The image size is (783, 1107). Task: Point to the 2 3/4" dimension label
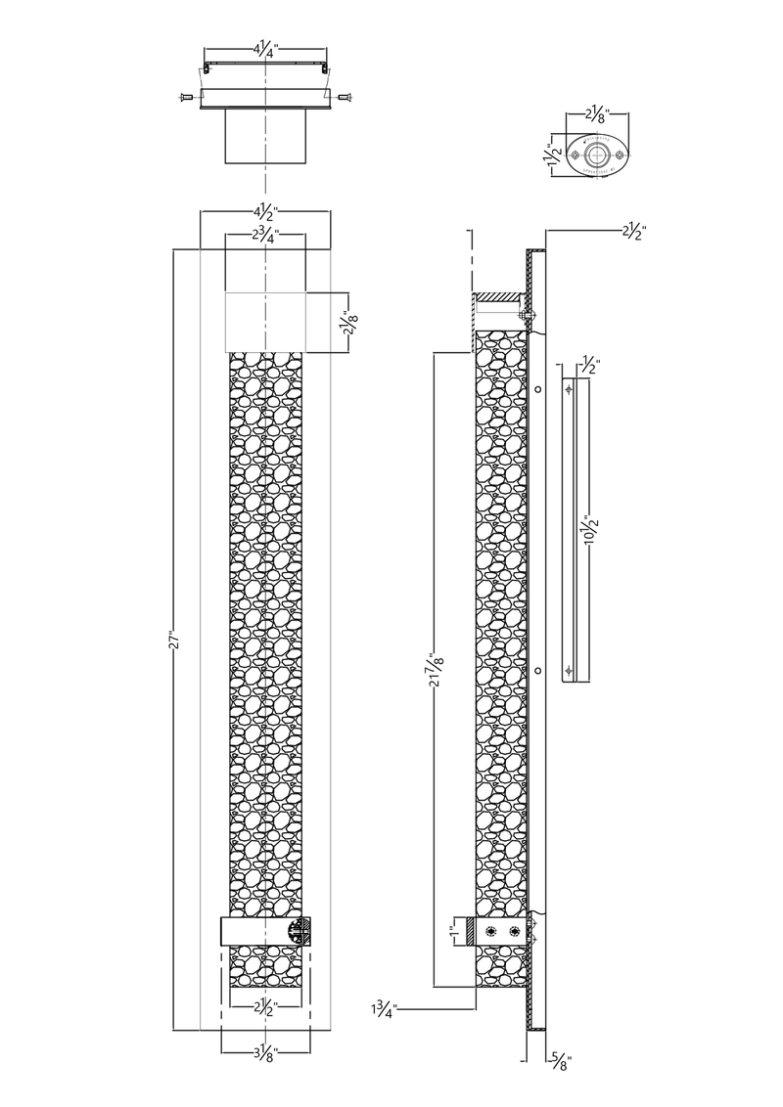(x=264, y=236)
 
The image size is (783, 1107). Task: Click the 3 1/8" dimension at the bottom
(x=264, y=1053)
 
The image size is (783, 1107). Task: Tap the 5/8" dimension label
(x=561, y=1061)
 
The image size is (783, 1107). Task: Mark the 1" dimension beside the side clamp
(x=453, y=931)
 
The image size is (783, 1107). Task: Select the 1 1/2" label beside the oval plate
(x=553, y=154)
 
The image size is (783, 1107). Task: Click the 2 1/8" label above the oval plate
(x=598, y=114)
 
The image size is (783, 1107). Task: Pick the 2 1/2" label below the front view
(x=264, y=1007)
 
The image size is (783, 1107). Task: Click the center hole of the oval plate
(x=596, y=154)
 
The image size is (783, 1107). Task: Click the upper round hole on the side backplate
(x=537, y=388)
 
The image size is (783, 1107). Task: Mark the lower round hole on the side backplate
(x=537, y=669)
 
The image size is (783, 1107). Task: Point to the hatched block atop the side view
(x=501, y=297)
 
